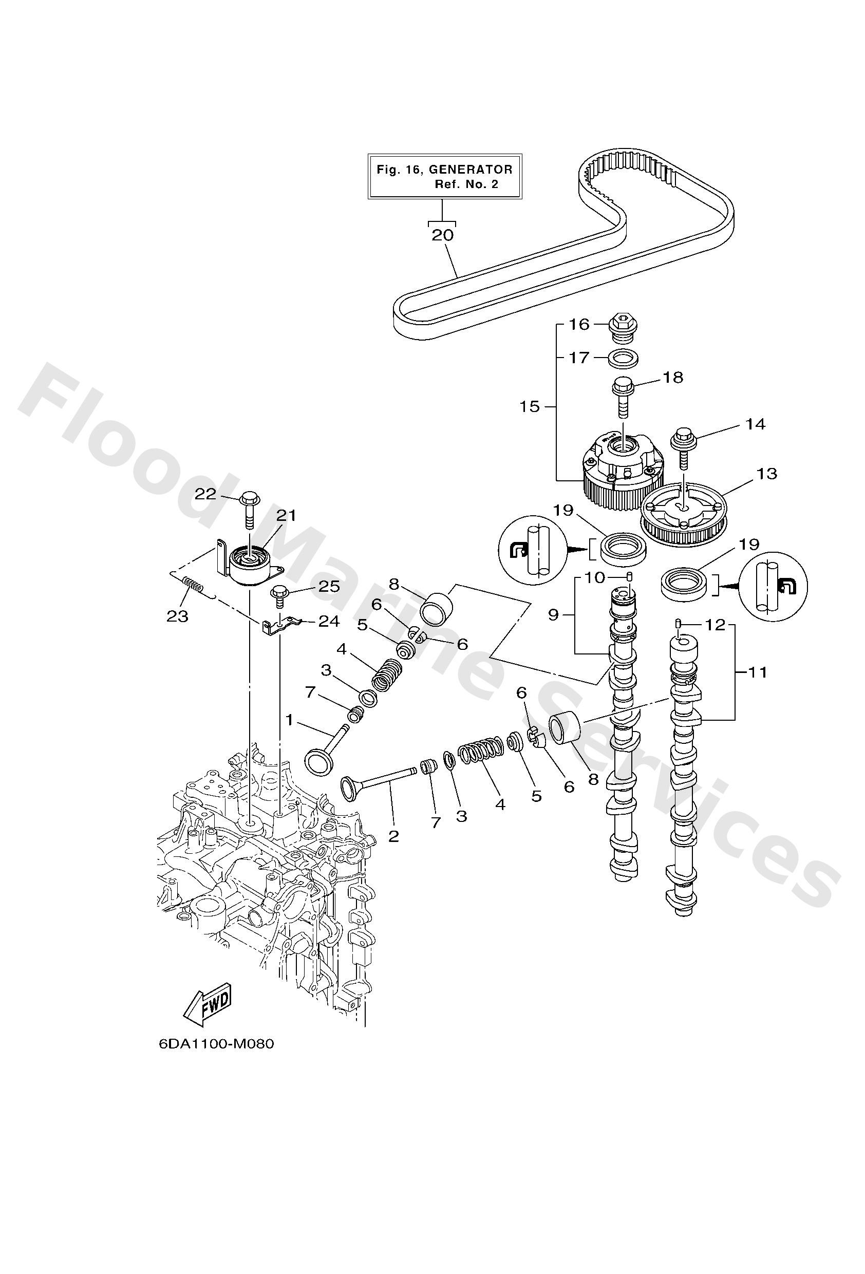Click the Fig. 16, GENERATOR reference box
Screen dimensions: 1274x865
coord(444,177)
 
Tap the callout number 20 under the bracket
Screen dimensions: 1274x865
coord(442,235)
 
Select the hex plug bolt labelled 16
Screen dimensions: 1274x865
coord(620,328)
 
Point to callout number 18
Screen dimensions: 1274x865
coord(672,378)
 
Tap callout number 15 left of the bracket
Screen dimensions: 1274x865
coord(530,407)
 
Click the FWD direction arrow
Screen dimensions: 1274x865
coord(207,1006)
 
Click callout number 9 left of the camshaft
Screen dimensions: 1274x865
coord(553,615)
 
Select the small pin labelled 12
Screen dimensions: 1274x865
coord(678,623)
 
